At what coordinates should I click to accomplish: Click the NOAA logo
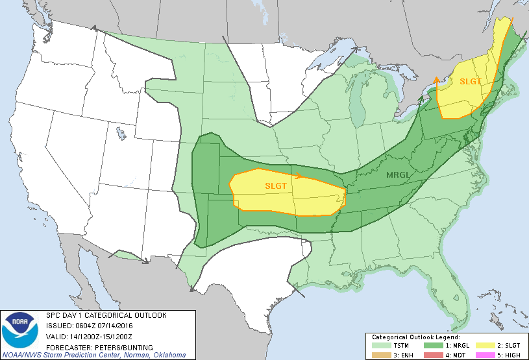tap(20, 329)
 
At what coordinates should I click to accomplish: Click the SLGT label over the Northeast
tap(471, 82)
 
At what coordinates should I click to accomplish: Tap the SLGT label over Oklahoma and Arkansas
tap(276, 186)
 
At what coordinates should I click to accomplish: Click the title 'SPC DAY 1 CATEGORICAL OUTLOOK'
tap(106, 315)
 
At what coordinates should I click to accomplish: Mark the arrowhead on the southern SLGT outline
tap(298, 175)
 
